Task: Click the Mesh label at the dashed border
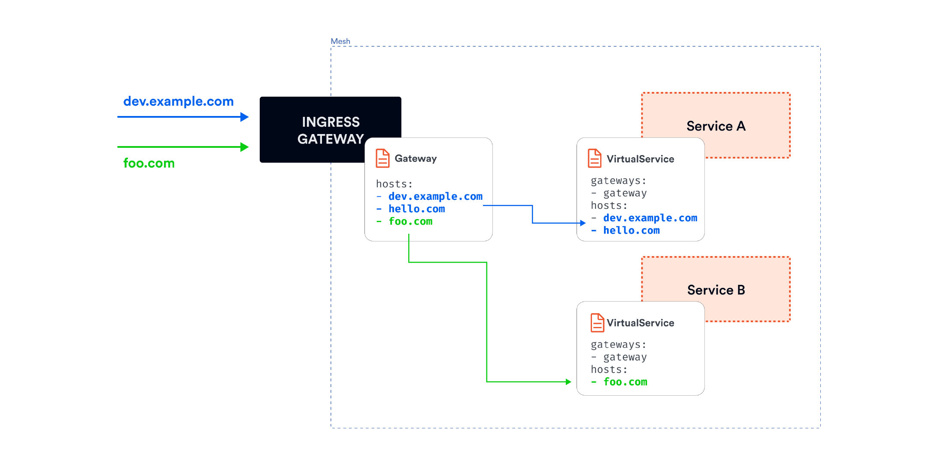coord(340,41)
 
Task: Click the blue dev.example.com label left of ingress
coord(178,101)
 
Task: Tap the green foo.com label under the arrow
coord(149,163)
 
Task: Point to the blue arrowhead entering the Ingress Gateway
coord(244,117)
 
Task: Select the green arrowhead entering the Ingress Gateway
coord(244,147)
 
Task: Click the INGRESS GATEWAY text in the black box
coord(330,130)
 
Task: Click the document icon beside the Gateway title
coord(382,158)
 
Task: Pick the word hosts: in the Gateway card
coord(394,184)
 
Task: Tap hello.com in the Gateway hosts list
coord(416,209)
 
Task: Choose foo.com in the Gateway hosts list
coord(410,221)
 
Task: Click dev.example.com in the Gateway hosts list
coord(435,196)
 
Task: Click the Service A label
coord(716,126)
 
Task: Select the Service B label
coord(716,290)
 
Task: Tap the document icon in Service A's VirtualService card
coord(594,158)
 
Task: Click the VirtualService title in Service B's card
coord(640,323)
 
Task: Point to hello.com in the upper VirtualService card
coord(631,231)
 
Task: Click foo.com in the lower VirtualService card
coord(625,382)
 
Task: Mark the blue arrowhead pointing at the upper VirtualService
coord(583,223)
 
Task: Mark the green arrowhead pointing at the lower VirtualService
coord(568,382)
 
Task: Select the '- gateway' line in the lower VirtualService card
coord(619,357)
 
